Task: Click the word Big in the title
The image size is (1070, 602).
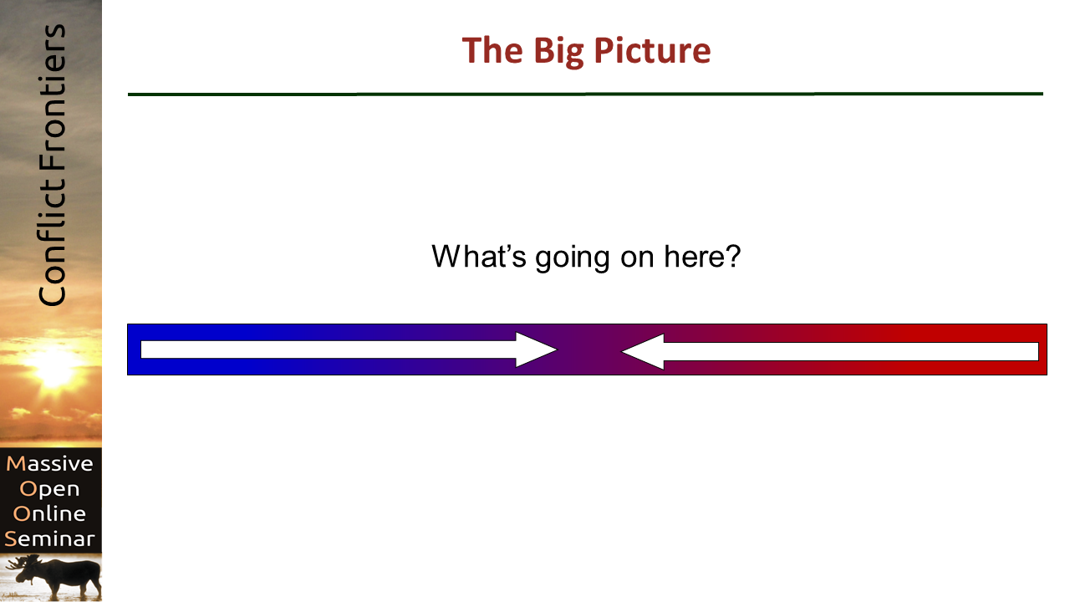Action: coord(558,52)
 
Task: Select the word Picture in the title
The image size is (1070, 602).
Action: coord(653,49)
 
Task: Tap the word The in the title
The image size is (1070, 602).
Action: coord(492,49)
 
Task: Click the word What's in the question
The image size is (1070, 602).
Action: coord(479,256)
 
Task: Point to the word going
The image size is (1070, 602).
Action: coord(573,258)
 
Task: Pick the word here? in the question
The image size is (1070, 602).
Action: coord(702,256)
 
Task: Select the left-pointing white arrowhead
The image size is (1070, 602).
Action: coord(643,351)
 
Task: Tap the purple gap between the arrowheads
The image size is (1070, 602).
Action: coord(589,349)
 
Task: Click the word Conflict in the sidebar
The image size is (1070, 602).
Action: coord(52,242)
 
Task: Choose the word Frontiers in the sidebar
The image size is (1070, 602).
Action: coord(52,98)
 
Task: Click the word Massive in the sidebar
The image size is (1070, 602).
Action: coord(49,463)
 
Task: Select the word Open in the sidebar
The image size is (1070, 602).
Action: coord(49,489)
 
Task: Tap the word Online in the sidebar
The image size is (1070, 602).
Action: coord(49,513)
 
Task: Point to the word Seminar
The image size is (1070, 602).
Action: coord(49,538)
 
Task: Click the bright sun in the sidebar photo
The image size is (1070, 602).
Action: coord(53,367)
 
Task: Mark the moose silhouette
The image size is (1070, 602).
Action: coord(58,576)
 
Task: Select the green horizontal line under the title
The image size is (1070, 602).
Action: coord(585,94)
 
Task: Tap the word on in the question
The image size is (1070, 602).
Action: coord(637,258)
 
